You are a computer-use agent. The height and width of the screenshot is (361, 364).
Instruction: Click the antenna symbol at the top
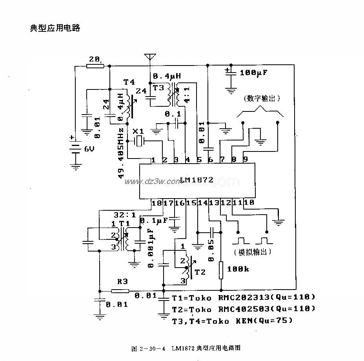click(x=149, y=57)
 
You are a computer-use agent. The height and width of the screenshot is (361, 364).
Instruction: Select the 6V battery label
click(x=89, y=150)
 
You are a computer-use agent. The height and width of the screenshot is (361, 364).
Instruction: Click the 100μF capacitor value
click(x=254, y=72)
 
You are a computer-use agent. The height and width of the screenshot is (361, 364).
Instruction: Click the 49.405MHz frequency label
click(x=121, y=153)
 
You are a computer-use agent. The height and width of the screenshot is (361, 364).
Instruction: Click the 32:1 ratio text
click(x=125, y=215)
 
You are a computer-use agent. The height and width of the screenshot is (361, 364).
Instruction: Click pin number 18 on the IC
click(x=156, y=203)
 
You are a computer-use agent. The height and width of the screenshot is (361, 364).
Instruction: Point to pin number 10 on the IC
click(x=249, y=203)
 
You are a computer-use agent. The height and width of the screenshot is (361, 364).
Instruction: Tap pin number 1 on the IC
click(x=153, y=160)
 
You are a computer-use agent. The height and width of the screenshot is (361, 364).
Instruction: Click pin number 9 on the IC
click(x=246, y=160)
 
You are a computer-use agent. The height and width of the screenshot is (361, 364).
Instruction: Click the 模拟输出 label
click(x=252, y=252)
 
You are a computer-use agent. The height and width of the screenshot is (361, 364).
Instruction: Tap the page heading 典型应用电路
click(x=55, y=28)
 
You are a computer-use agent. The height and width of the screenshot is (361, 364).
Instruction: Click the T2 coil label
click(x=200, y=272)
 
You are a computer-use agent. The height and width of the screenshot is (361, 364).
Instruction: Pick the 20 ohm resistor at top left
click(x=95, y=66)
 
